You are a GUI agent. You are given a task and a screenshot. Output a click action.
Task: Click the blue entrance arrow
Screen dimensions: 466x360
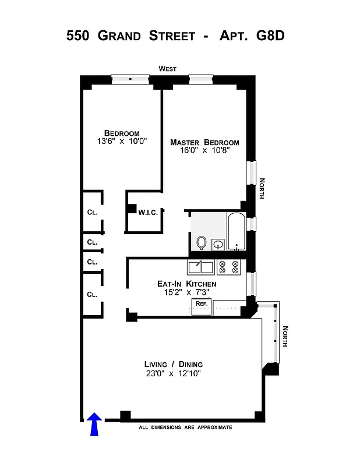click(x=94, y=424)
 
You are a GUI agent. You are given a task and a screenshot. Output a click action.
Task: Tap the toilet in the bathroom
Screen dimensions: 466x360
click(x=202, y=242)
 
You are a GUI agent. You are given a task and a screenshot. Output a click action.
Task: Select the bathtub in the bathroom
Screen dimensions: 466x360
click(x=235, y=232)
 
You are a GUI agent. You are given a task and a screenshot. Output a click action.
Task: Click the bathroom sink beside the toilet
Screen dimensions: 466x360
click(x=218, y=245)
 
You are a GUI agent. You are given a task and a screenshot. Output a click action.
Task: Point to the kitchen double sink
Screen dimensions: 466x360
click(x=200, y=267)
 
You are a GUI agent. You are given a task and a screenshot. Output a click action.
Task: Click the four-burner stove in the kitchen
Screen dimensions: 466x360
click(x=228, y=267)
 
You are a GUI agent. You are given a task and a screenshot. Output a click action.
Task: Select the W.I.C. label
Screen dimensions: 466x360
click(x=148, y=213)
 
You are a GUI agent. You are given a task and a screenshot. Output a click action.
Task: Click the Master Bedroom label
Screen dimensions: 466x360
click(x=204, y=143)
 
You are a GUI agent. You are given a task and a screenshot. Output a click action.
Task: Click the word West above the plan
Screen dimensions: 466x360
click(x=168, y=69)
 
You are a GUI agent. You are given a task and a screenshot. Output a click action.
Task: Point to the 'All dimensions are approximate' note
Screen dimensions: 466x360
click(x=185, y=428)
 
